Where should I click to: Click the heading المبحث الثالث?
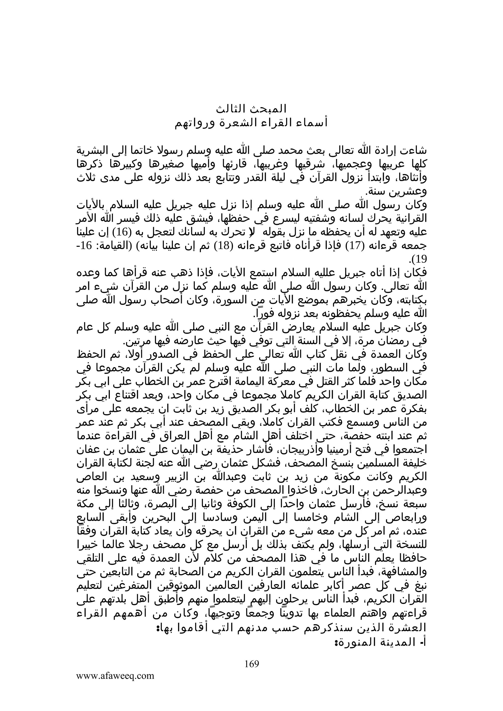coord(251,109)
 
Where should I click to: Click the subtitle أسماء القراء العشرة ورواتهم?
coord(251,123)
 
